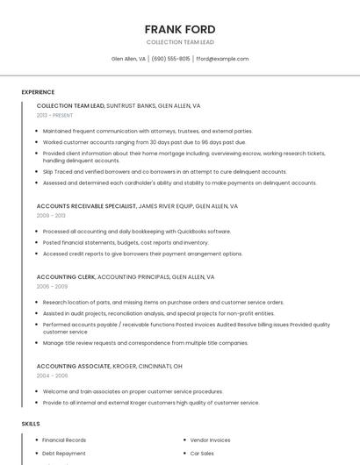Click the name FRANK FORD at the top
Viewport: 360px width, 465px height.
coord(179,29)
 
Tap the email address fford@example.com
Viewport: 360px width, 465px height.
coord(222,59)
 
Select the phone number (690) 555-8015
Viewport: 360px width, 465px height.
coord(170,59)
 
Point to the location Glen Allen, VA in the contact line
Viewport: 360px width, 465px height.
coord(128,59)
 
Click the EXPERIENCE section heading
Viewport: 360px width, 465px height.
coord(38,91)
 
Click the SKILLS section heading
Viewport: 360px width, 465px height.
coord(31,424)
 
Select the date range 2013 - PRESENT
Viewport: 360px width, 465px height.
coord(55,115)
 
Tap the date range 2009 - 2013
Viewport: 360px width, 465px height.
coord(51,215)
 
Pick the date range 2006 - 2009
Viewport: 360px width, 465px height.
coord(52,286)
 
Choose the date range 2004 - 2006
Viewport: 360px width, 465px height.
coord(52,375)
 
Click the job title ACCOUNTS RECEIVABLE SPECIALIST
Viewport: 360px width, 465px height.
coord(86,205)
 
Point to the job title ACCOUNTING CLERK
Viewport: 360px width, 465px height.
coord(65,276)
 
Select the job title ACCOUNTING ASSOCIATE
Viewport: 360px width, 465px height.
coord(73,365)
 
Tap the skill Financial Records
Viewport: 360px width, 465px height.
coord(64,440)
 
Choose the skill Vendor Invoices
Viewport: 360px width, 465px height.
coord(211,440)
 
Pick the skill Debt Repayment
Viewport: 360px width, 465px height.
coord(64,454)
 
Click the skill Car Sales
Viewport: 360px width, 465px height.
coord(203,454)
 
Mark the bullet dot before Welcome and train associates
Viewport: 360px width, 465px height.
coord(37,391)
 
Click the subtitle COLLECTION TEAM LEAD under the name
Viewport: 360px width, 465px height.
coord(179,42)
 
